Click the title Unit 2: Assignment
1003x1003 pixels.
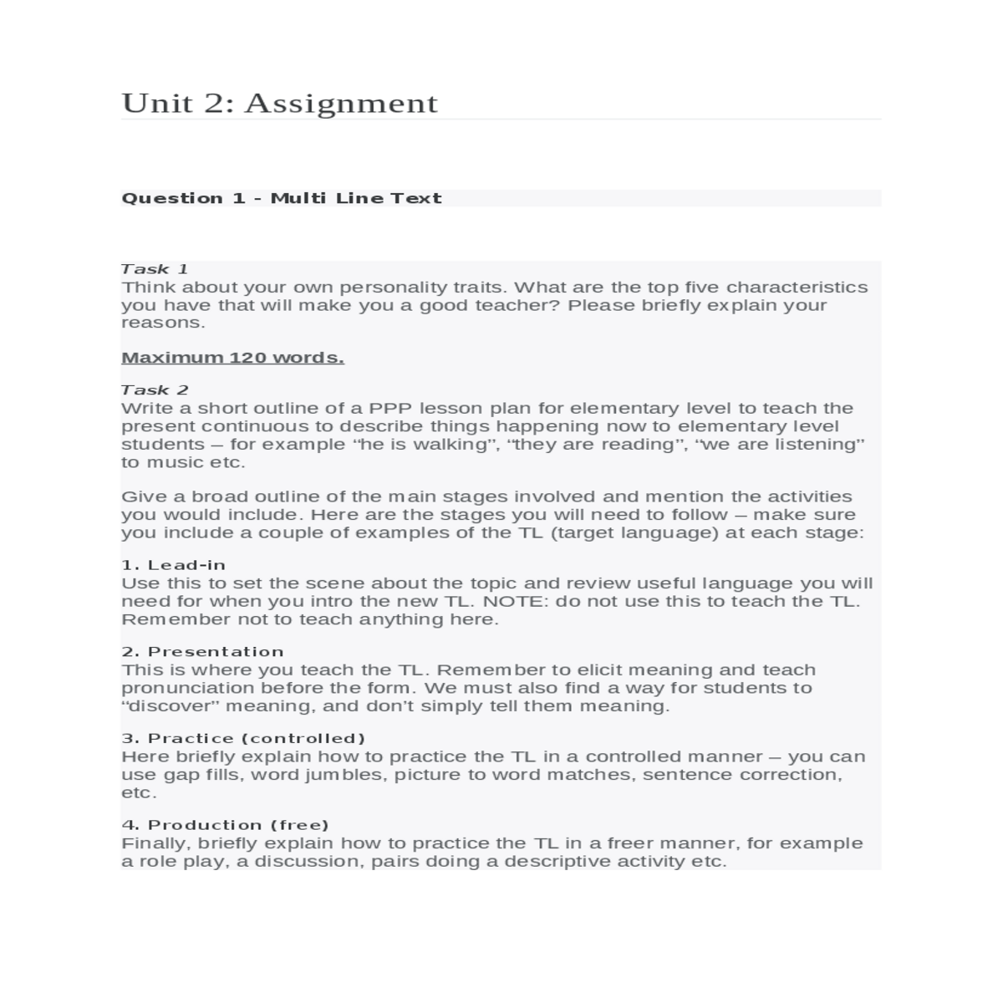click(x=279, y=103)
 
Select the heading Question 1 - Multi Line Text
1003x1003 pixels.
click(x=281, y=198)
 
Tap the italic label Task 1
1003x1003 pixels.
click(x=155, y=269)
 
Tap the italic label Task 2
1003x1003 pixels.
click(x=155, y=390)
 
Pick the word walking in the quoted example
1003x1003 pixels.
click(x=450, y=445)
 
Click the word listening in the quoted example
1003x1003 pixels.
click(x=817, y=445)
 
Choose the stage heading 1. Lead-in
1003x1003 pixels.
click(x=173, y=565)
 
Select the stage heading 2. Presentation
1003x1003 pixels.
click(x=202, y=652)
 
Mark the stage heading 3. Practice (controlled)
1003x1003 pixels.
click(x=243, y=739)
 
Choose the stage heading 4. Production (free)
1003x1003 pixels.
click(x=225, y=826)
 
